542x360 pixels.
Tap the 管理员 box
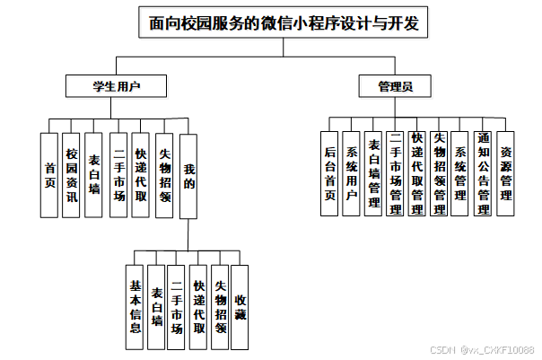tap(395, 87)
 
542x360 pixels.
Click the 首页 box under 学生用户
tap(50, 175)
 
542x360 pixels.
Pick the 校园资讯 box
tap(73, 175)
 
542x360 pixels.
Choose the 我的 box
tap(188, 175)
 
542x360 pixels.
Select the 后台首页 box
tap(330, 173)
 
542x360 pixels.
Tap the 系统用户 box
tap(352, 173)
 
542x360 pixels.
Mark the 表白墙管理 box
tap(374, 173)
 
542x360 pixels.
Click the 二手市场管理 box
tap(396, 173)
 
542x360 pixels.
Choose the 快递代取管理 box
tap(417, 173)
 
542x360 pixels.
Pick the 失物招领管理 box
tap(440, 173)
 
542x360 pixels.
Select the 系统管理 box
tap(461, 173)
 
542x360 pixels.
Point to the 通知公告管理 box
tap(484, 173)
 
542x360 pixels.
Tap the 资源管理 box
tap(506, 173)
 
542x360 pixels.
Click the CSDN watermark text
tap(482, 350)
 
